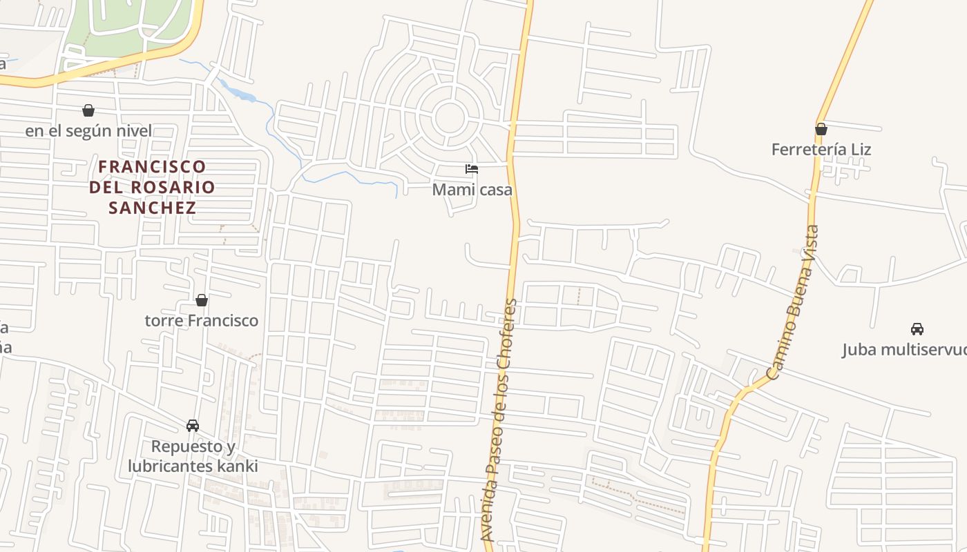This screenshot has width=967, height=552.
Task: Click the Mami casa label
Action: [472, 189]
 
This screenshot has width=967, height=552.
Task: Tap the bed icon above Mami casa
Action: [472, 169]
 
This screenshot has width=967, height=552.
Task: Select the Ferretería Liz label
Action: [821, 149]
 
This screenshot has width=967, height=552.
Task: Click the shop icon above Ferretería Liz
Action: [821, 129]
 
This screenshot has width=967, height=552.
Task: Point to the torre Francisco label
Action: [202, 320]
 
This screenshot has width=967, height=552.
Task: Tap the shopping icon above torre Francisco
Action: [202, 300]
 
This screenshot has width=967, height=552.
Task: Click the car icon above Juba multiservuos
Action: [917, 329]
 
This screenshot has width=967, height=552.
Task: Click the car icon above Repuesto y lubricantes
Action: [193, 426]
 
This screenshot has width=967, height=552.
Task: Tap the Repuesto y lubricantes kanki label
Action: [193, 456]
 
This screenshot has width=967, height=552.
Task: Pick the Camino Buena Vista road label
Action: [792, 302]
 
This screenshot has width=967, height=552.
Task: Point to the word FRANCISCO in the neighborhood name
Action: [152, 166]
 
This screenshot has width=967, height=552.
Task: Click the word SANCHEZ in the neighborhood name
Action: [152, 207]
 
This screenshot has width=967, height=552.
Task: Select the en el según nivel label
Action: [88, 130]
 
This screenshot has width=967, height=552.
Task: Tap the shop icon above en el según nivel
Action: [88, 110]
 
